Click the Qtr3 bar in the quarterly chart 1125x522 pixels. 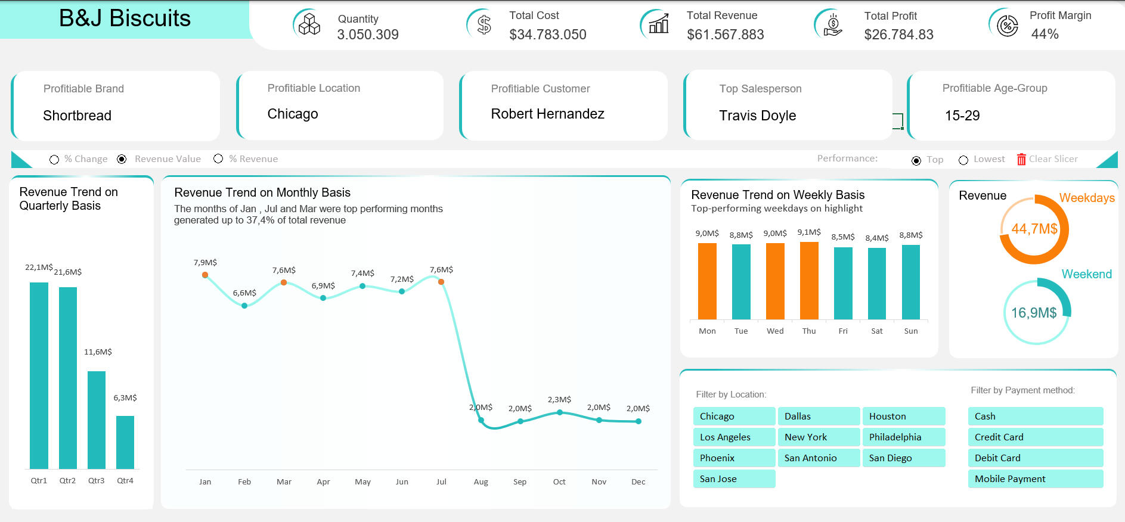(97, 420)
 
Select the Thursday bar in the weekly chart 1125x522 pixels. (809, 281)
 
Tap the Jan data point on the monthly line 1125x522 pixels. (205, 275)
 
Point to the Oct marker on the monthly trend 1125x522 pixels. (559, 412)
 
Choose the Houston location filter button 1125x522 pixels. (903, 416)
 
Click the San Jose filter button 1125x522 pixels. (734, 479)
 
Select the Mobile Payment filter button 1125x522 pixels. (1035, 479)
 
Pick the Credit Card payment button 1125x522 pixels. (1035, 437)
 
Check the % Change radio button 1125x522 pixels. (54, 160)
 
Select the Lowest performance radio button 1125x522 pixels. (963, 160)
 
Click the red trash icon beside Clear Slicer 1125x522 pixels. (1021, 159)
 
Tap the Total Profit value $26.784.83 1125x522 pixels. (898, 35)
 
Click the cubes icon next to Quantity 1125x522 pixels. (309, 24)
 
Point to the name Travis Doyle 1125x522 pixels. (757, 116)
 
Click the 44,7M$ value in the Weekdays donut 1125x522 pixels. (1034, 229)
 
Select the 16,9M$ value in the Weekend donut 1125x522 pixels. (1034, 313)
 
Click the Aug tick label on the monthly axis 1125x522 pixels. (481, 481)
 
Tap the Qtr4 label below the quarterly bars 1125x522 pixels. (125, 480)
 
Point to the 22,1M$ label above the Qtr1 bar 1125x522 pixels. (39, 267)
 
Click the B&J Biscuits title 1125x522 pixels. (125, 18)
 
